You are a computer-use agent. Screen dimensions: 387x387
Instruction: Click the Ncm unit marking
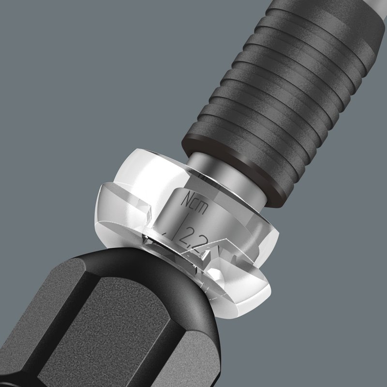194,203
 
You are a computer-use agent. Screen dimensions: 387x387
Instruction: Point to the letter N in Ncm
187,199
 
